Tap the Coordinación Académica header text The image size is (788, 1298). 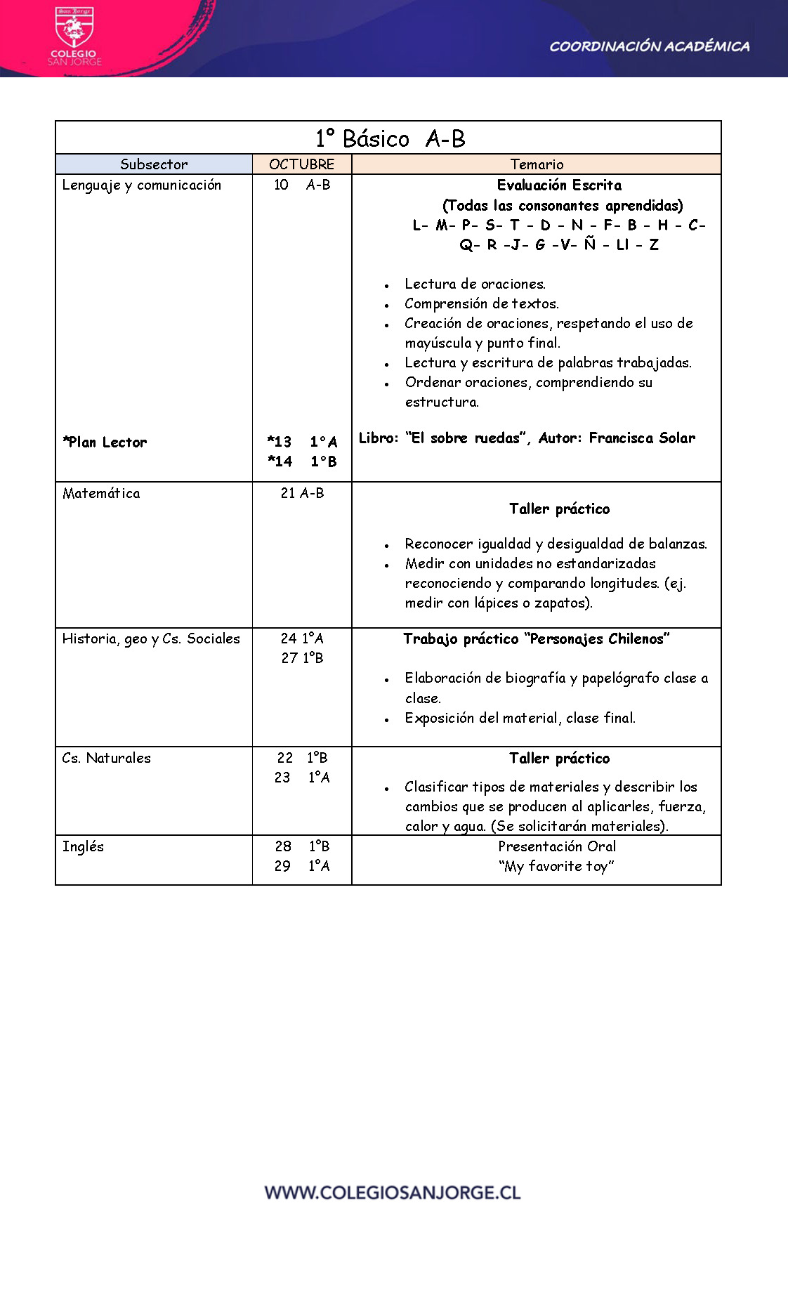click(649, 47)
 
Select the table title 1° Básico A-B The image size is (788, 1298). click(390, 138)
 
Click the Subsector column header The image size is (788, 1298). click(154, 164)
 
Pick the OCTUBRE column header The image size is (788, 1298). click(301, 164)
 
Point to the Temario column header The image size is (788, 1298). click(537, 164)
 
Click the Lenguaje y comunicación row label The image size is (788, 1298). click(142, 185)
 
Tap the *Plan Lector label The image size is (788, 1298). click(105, 442)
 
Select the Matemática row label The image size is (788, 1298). click(101, 493)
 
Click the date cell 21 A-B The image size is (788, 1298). click(302, 493)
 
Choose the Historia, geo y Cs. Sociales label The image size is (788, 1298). click(151, 638)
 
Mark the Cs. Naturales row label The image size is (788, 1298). click(107, 758)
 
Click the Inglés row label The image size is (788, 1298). click(83, 846)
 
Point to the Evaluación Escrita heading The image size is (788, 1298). click(559, 185)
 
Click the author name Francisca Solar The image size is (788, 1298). click(642, 438)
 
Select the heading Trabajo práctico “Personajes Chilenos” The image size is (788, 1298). click(537, 639)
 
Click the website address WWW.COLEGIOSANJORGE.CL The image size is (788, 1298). click(393, 1192)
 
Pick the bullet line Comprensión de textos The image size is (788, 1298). click(482, 304)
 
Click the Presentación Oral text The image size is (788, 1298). click(557, 846)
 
